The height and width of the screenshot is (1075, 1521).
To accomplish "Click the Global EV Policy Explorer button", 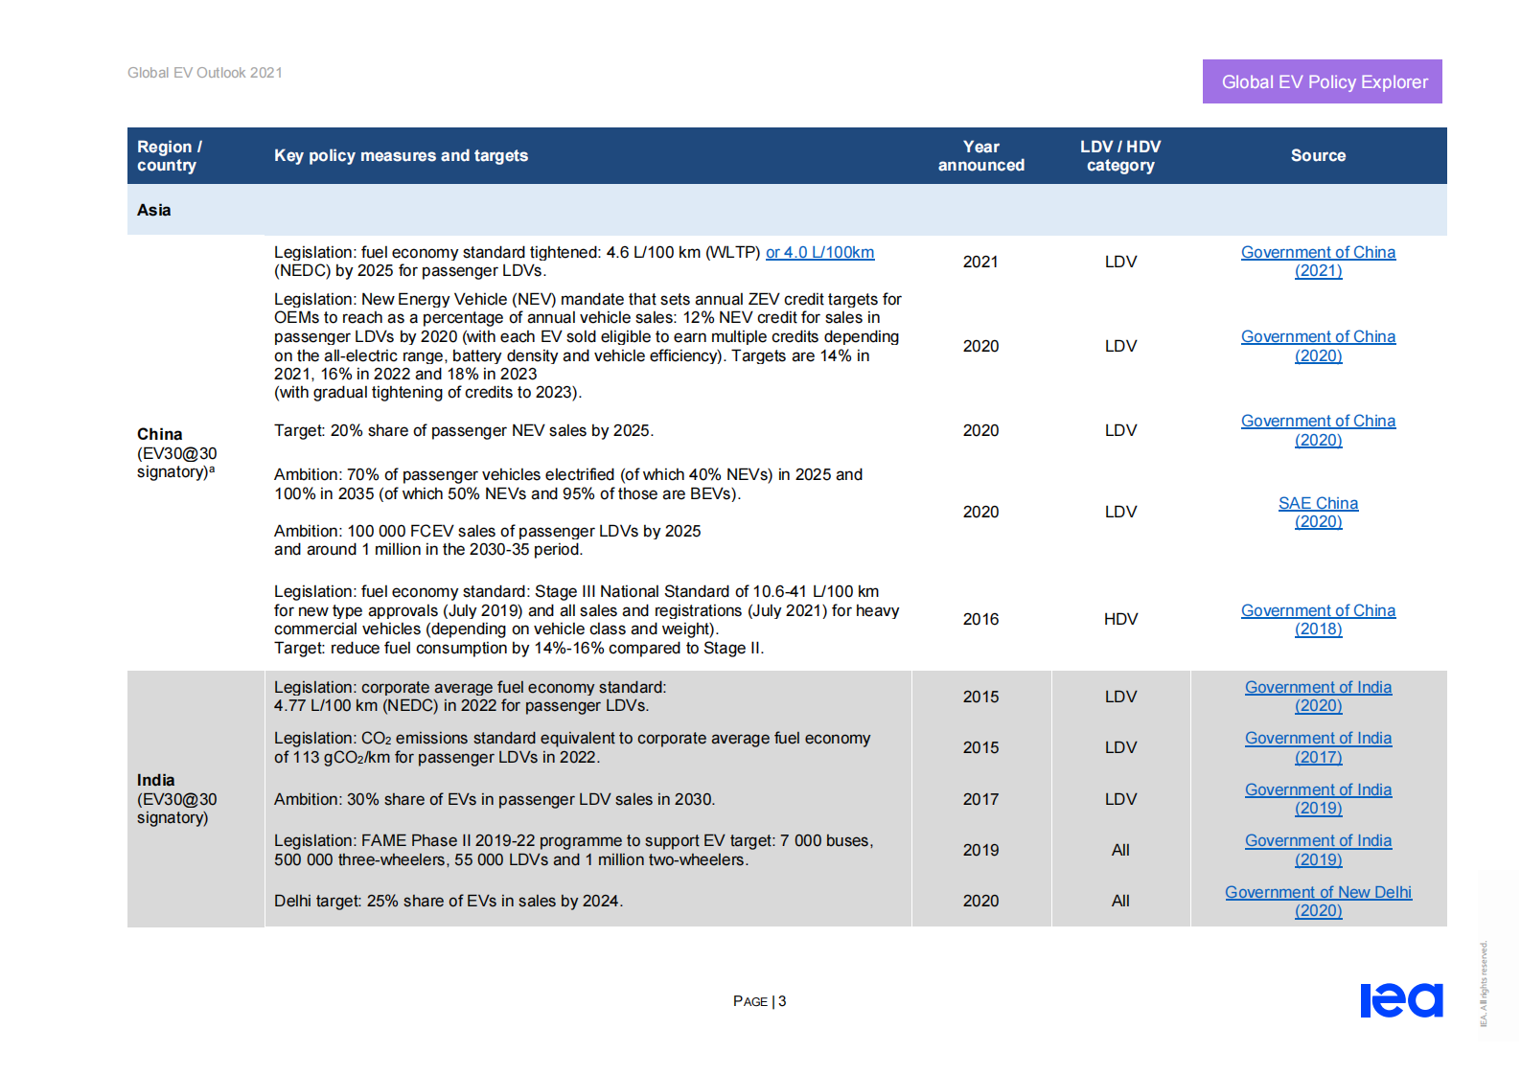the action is click(x=1322, y=81).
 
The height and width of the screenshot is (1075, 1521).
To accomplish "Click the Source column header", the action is click(x=1318, y=155).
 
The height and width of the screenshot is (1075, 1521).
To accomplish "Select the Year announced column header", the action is click(x=980, y=155).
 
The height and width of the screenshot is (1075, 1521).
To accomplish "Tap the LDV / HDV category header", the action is click(x=1119, y=155).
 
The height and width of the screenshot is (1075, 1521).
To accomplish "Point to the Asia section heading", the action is click(x=154, y=210).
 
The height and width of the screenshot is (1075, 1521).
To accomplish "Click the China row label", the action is click(x=160, y=434).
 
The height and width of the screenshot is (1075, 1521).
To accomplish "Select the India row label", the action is click(x=156, y=780).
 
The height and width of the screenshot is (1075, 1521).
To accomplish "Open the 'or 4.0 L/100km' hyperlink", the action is click(x=819, y=252).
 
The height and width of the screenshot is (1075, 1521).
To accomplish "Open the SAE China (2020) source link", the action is click(x=1318, y=512).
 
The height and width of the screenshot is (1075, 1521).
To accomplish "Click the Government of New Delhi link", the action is click(x=1318, y=892).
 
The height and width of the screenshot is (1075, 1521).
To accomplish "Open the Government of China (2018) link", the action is click(x=1318, y=619).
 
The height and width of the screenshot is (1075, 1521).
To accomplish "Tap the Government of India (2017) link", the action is click(x=1318, y=747).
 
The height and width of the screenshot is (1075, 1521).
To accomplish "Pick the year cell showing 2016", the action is click(x=980, y=619).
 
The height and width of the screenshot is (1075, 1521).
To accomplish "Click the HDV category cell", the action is click(x=1120, y=619).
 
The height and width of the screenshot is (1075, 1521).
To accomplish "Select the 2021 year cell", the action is click(x=980, y=262).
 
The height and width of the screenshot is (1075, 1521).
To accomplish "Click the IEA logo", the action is click(x=1401, y=1000).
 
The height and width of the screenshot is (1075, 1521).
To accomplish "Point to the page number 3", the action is click(x=782, y=1001).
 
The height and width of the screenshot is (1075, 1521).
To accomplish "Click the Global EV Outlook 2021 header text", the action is click(x=205, y=73).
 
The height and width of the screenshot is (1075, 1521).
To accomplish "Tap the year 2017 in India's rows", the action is click(x=980, y=799).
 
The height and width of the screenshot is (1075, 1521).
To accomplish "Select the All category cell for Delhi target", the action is click(x=1120, y=901).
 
